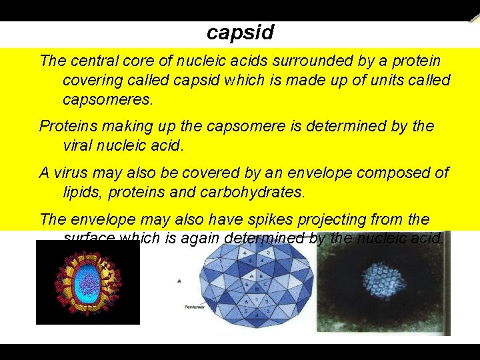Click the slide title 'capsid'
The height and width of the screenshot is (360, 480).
(x=240, y=32)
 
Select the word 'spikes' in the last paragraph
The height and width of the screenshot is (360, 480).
(x=273, y=219)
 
